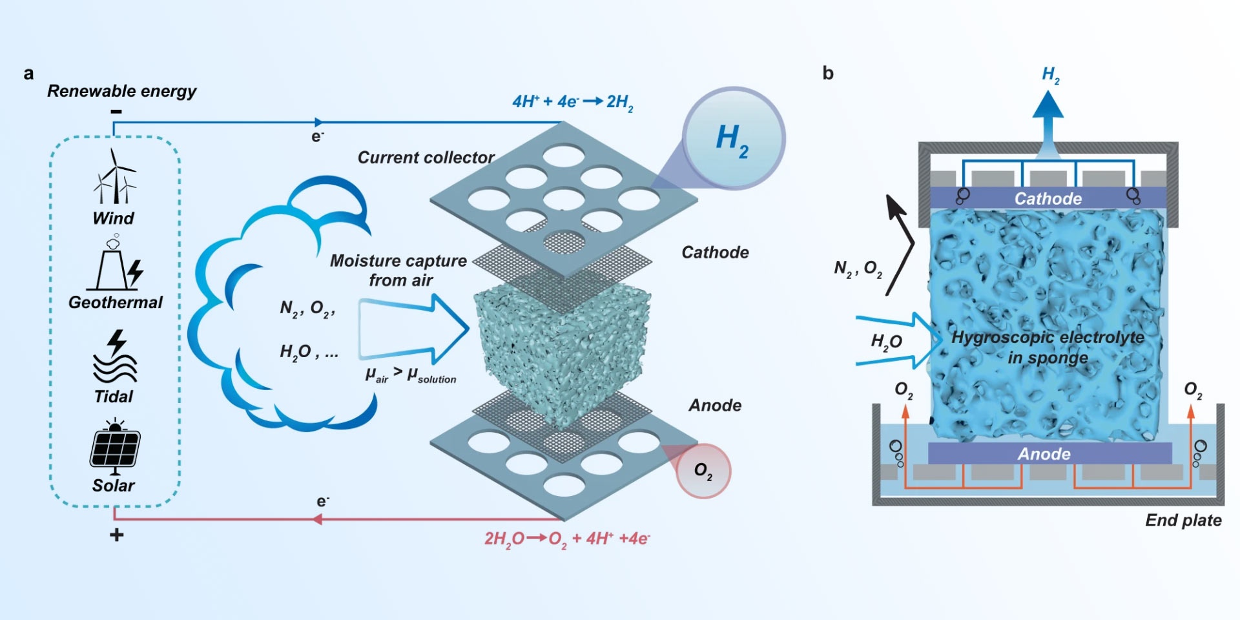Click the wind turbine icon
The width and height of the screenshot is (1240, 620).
[x=115, y=177]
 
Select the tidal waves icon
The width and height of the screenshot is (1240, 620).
[x=115, y=358]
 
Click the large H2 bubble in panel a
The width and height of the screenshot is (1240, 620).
[x=733, y=139]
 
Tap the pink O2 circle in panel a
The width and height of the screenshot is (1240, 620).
[x=703, y=471]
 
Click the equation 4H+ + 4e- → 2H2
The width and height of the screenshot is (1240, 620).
[x=572, y=102]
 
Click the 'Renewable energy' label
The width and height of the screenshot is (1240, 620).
[x=121, y=91]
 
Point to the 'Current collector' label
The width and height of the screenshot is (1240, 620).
[x=426, y=158]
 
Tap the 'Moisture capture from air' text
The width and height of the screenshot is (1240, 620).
[x=398, y=270]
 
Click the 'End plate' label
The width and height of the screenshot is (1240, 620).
[x=1183, y=521]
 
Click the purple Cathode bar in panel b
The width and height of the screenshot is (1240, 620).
[x=1048, y=198]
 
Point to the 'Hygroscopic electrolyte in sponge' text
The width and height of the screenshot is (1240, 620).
[x=1048, y=347]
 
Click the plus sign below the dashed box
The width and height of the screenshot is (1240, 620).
[x=116, y=535]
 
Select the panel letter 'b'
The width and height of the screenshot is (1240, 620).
[x=828, y=74]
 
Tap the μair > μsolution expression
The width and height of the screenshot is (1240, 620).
[x=411, y=375]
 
